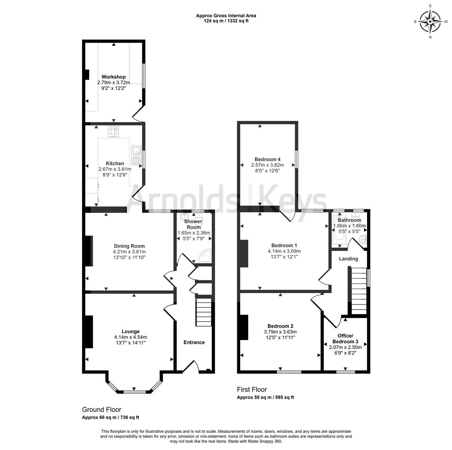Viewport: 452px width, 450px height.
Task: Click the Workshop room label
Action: pos(114,77)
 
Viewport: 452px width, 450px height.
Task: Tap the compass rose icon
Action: pos(430,22)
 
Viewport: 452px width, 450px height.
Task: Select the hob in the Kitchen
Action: pos(114,132)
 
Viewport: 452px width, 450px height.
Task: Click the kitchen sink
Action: pos(136,155)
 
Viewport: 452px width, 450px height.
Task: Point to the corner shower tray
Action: pos(205,256)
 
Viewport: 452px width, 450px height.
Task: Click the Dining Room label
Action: pos(129,246)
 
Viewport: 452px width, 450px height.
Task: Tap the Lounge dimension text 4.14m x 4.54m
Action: pos(131,337)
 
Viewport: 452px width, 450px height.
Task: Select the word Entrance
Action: pos(194,342)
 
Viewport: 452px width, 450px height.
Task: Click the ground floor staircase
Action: pos(204,312)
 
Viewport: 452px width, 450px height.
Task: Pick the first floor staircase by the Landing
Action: pos(359,290)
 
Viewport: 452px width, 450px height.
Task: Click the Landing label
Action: pos(348,259)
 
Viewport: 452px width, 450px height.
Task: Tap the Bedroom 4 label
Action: pos(268,159)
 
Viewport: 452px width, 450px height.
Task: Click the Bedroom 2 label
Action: pos(281,326)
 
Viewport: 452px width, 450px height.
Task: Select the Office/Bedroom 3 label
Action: pos(345,339)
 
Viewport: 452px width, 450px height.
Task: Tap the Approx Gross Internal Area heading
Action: pos(226,15)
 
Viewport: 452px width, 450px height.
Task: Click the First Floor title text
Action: pos(252,390)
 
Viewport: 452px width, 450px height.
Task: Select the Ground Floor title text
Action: pos(102,409)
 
